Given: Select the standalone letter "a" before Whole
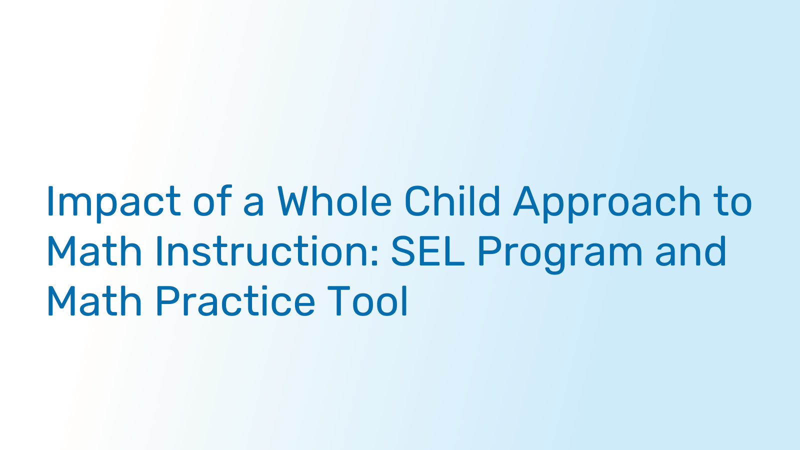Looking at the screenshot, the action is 253,205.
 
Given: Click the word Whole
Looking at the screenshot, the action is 334,200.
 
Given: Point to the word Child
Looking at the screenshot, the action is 452,200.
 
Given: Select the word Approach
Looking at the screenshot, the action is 607,203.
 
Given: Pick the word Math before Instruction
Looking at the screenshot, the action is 94,250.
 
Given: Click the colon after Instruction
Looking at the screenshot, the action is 374,255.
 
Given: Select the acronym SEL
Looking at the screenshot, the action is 428,250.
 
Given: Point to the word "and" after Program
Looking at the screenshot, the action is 690,250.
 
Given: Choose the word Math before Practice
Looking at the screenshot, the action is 94,300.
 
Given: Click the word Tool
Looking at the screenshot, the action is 368,300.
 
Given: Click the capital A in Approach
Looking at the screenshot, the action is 526,200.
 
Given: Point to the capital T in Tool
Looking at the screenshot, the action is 340,300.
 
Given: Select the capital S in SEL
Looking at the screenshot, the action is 403,250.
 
